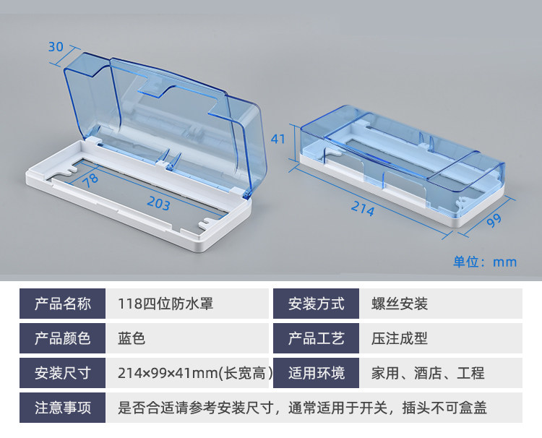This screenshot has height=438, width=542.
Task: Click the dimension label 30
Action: click(56, 47)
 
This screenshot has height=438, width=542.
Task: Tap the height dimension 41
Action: click(278, 138)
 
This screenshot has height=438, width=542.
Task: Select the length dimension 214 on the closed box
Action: click(362, 210)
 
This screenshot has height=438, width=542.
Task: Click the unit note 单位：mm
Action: click(485, 261)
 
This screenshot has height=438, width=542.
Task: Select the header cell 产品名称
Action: click(64, 304)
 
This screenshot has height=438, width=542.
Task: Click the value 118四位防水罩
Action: click(165, 304)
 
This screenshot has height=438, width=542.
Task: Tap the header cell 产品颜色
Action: click(64, 338)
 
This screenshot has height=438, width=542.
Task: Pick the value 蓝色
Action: click(132, 338)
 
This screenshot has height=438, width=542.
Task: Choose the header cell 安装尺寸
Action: click(64, 373)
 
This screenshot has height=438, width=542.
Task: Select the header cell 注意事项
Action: click(64, 408)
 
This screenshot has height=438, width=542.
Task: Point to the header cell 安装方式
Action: click(316, 304)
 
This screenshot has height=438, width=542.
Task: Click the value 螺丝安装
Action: click(400, 304)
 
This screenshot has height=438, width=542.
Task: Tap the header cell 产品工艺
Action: click(316, 338)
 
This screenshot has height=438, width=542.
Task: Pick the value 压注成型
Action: click(400, 338)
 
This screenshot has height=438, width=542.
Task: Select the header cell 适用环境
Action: click(316, 373)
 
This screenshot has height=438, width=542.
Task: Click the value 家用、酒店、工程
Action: click(428, 373)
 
